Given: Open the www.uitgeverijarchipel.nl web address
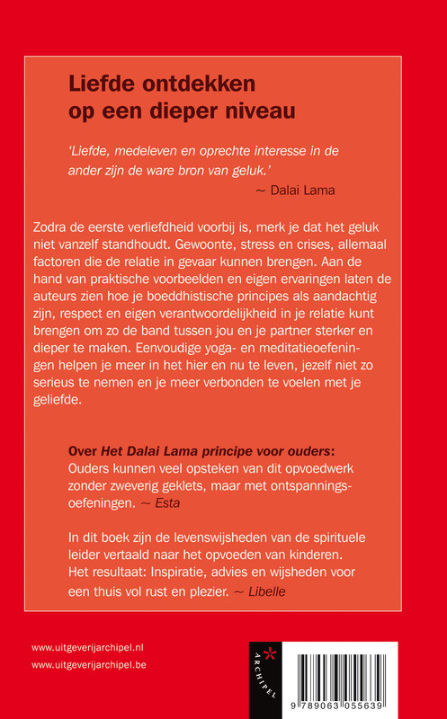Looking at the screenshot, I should (x=89, y=647).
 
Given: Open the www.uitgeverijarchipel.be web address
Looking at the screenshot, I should (x=89, y=665).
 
